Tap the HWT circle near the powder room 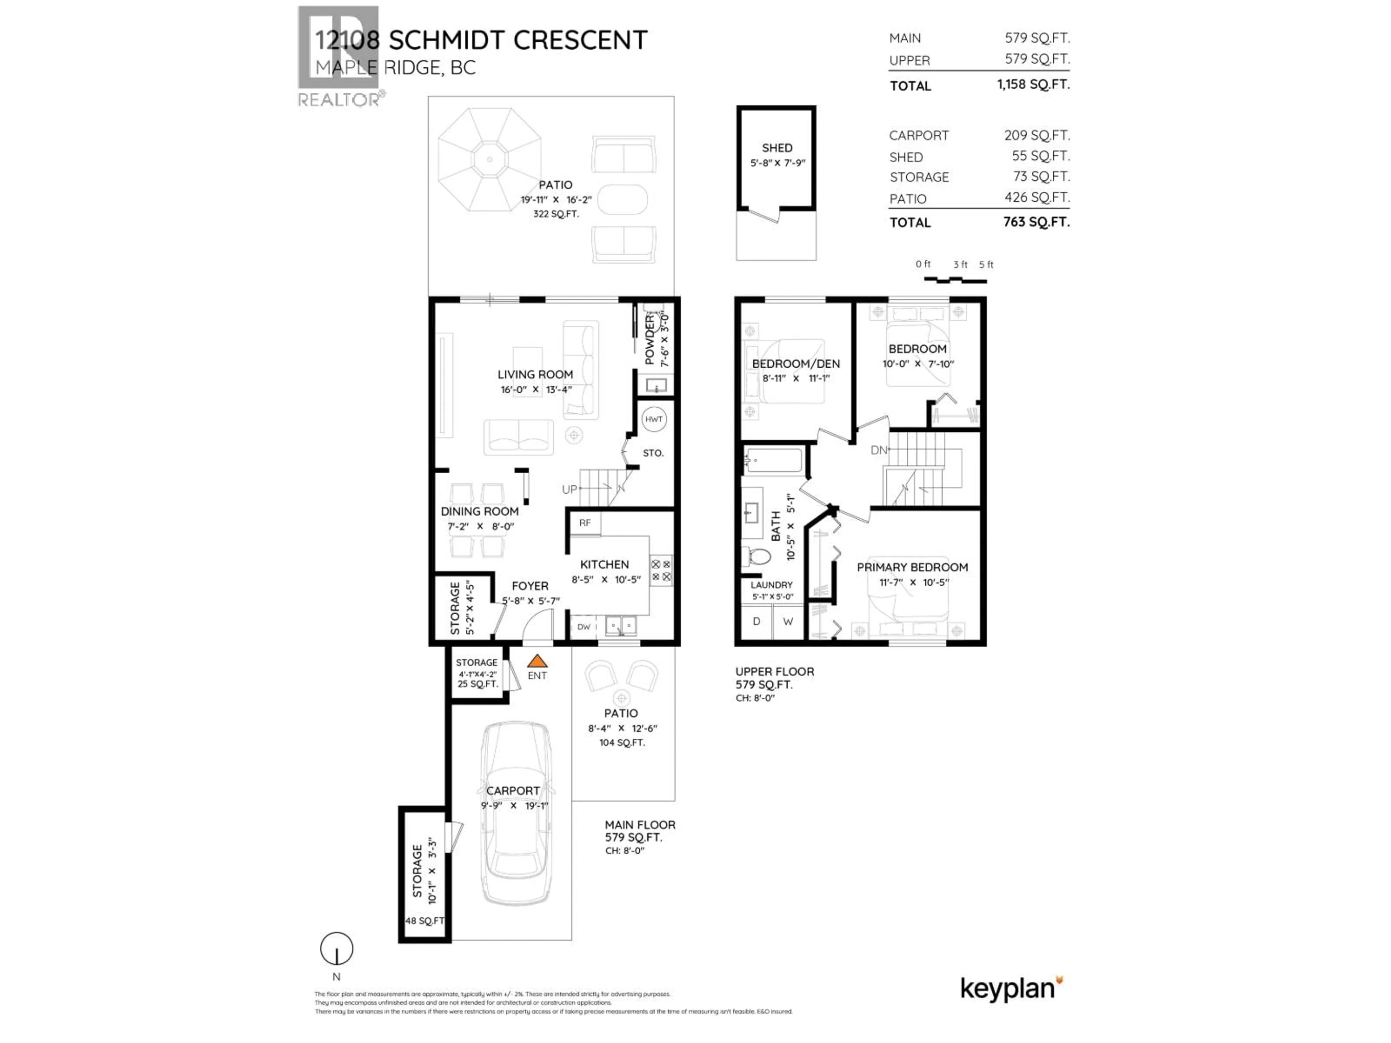pyautogui.click(x=653, y=419)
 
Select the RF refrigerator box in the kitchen pyautogui.click(x=585, y=523)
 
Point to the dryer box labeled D pyautogui.click(x=756, y=621)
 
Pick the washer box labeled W pyautogui.click(x=787, y=621)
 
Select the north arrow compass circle pyautogui.click(x=337, y=949)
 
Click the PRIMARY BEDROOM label pyautogui.click(x=912, y=567)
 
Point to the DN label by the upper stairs pyautogui.click(x=878, y=450)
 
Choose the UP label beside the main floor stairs pyautogui.click(x=569, y=489)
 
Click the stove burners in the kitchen pyautogui.click(x=661, y=570)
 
